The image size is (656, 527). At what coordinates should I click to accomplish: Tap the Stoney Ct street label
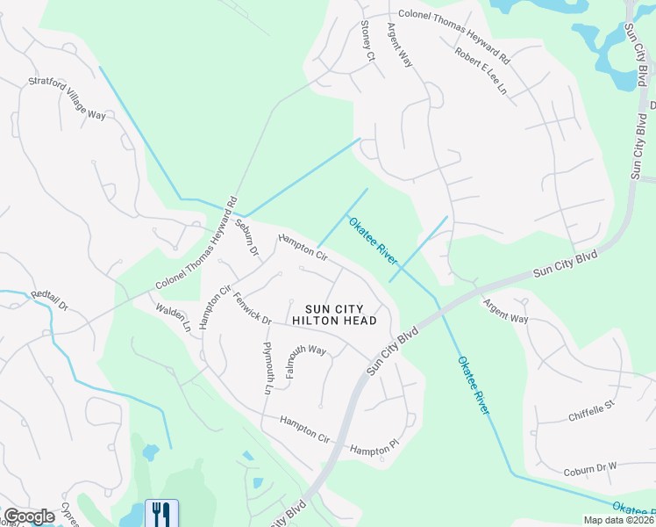click(367, 42)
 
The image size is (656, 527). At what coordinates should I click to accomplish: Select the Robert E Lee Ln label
click(481, 70)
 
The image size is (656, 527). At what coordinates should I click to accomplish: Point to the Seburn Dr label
click(247, 236)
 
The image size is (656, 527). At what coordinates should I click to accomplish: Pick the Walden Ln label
click(174, 317)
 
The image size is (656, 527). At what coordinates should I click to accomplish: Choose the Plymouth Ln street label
click(268, 367)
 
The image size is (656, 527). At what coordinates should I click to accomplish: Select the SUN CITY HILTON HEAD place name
click(341, 314)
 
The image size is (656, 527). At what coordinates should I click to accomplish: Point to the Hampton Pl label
click(374, 450)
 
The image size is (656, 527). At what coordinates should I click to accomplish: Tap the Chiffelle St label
click(593, 409)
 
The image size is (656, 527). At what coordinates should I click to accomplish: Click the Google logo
click(29, 516)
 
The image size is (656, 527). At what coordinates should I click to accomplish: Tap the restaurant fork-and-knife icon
click(160, 512)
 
